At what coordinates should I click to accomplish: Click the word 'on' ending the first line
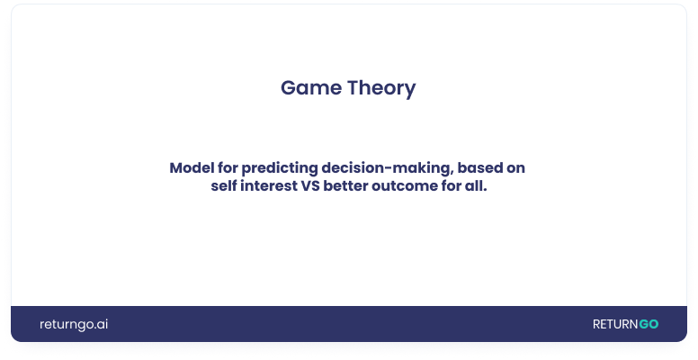pos(518,168)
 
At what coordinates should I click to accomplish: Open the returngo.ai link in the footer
pos(74,324)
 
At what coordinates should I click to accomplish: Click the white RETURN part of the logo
pos(614,324)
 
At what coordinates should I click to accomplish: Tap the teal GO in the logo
pos(649,324)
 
